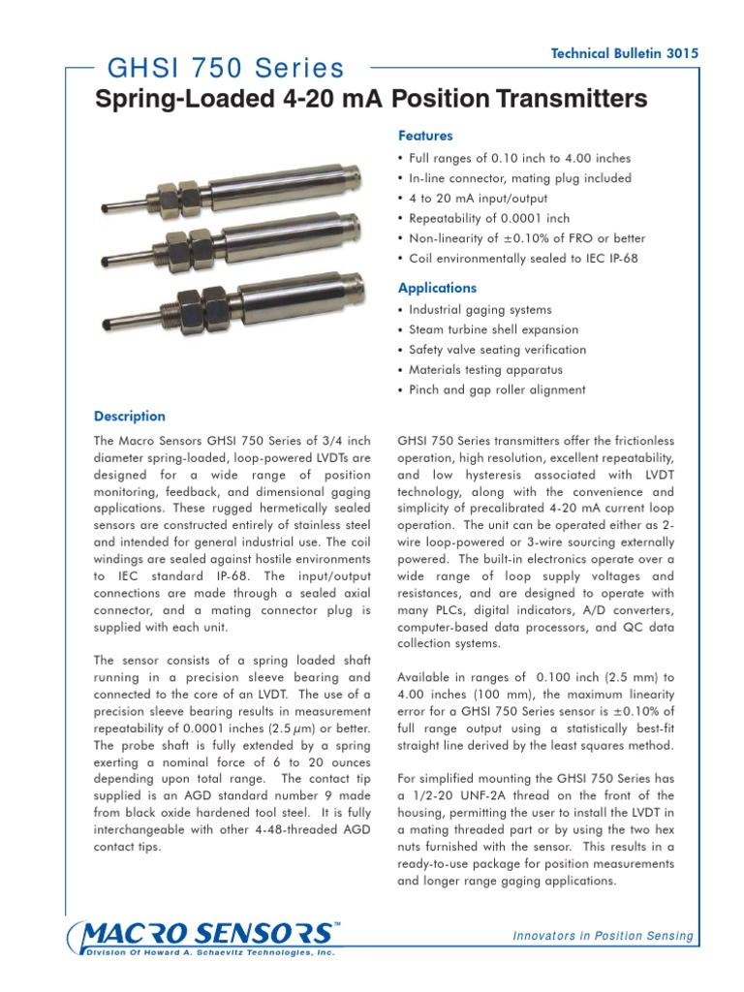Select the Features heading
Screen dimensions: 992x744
425,137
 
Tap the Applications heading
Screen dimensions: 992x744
438,288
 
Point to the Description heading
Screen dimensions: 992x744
130,417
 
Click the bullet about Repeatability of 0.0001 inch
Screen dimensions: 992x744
489,218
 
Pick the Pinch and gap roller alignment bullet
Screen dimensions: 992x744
497,389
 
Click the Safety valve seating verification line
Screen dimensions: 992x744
497,350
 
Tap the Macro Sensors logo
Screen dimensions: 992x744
203,935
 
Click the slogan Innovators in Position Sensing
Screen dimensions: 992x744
604,936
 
